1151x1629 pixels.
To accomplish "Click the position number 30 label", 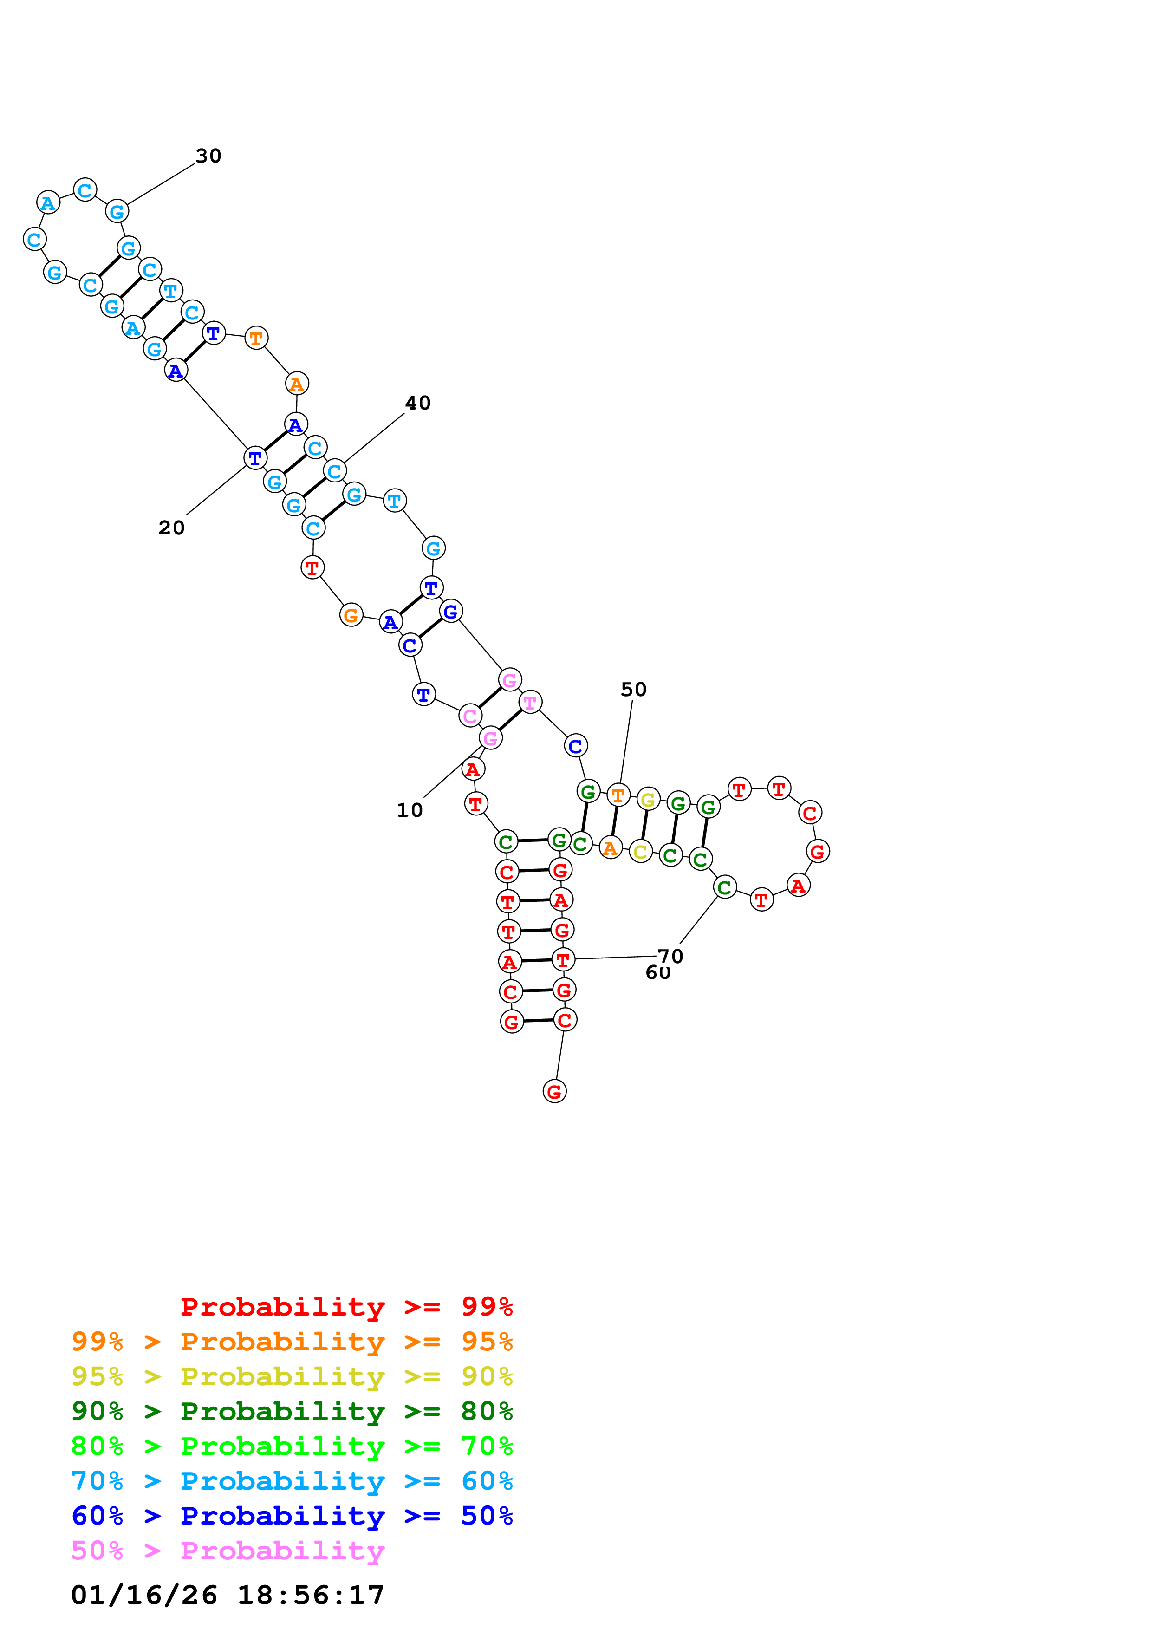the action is [x=208, y=156].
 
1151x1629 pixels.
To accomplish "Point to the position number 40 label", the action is [x=418, y=403].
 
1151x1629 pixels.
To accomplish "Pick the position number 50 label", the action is [x=633, y=690].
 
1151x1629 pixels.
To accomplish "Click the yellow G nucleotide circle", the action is [x=648, y=800].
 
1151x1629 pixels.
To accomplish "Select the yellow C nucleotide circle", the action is [x=640, y=851].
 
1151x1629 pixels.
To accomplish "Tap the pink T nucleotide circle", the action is [x=530, y=703].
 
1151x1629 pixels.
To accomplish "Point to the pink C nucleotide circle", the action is [x=469, y=716].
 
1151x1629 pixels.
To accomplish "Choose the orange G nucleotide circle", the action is [x=351, y=615].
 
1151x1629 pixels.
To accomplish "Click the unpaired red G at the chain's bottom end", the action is [x=554, y=1092].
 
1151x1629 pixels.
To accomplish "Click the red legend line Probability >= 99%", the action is [x=346, y=1307].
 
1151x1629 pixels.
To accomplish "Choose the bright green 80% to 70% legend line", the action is [x=292, y=1446].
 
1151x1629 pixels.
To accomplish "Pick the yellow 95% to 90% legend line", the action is [x=292, y=1376].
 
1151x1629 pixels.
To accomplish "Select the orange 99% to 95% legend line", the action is [x=292, y=1342].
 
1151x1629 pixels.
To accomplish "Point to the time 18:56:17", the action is [x=311, y=1595].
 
